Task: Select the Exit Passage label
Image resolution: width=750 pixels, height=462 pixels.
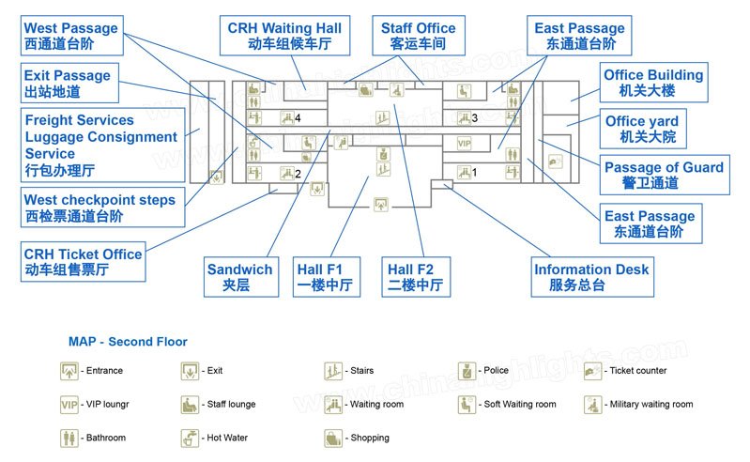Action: click(68, 83)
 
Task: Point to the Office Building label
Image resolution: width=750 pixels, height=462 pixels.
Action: click(653, 83)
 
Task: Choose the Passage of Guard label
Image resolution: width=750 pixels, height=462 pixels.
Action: click(664, 176)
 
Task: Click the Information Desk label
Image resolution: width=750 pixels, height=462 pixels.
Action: click(591, 277)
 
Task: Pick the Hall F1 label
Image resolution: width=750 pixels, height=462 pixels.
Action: click(327, 277)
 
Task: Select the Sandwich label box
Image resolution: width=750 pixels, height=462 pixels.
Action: click(240, 277)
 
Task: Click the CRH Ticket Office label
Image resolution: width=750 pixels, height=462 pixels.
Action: click(83, 262)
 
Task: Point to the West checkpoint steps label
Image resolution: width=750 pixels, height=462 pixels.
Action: click(99, 208)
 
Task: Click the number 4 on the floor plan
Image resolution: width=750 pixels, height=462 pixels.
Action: click(297, 118)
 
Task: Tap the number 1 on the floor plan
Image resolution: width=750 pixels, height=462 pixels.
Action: click(474, 172)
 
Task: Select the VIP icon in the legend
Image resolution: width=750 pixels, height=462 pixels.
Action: click(69, 405)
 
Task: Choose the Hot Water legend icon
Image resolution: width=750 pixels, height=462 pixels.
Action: click(190, 438)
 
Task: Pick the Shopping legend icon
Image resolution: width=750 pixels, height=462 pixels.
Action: click(332, 438)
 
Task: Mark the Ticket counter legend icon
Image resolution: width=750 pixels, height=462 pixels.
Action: click(591, 371)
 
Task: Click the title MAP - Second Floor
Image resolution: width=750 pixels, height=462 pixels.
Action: click(128, 342)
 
